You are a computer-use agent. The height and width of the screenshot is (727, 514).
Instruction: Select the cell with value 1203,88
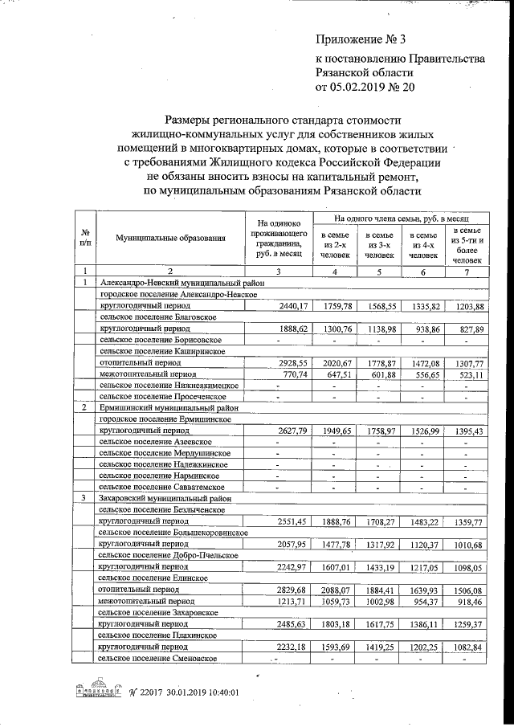pyautogui.click(x=466, y=306)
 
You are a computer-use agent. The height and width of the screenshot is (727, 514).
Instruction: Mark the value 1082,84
pyautogui.click(x=466, y=645)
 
